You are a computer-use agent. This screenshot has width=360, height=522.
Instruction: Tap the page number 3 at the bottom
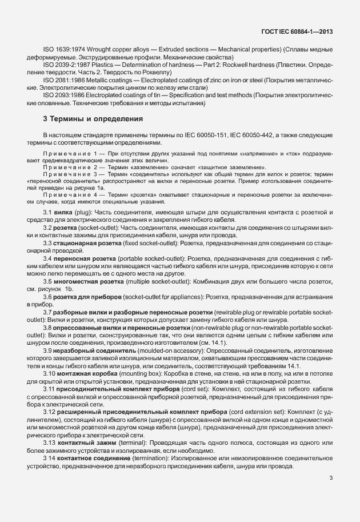331,494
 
